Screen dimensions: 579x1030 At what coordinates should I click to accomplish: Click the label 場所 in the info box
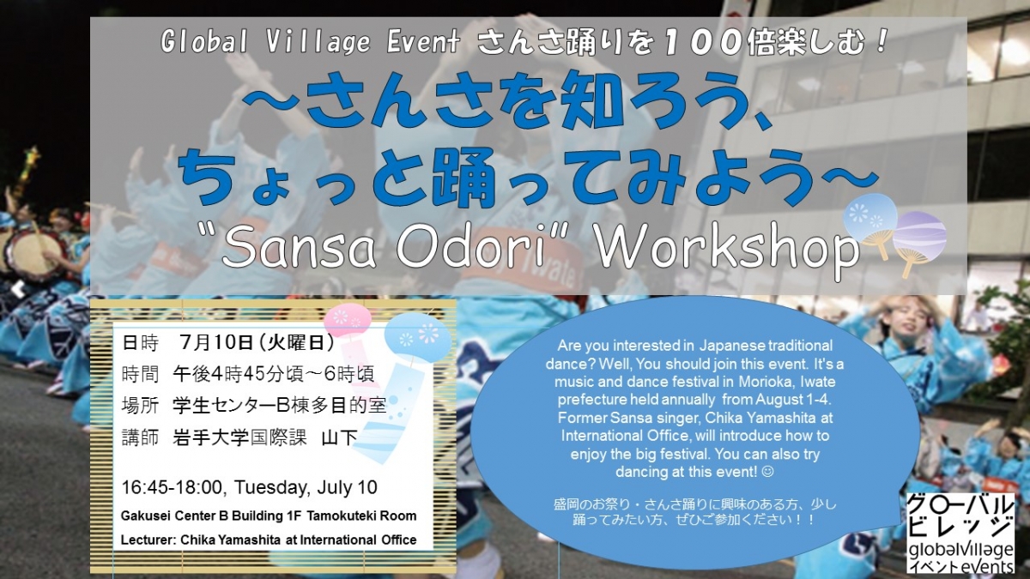(x=141, y=404)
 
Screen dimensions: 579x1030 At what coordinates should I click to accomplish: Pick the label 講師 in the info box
(x=141, y=437)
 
